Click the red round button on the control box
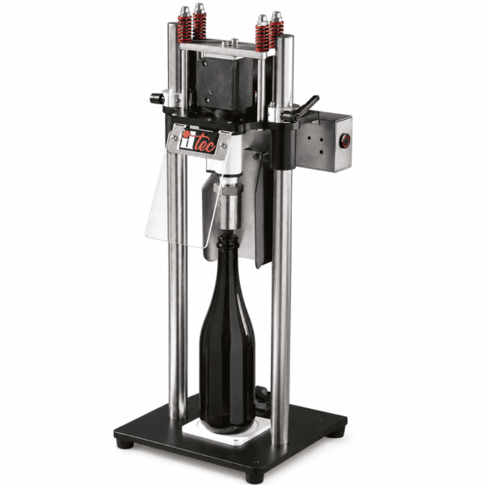coord(345,141)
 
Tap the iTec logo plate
coord(198,142)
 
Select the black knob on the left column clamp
coord(158,99)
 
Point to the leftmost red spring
coord(184,29)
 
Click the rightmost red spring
coord(276,34)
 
